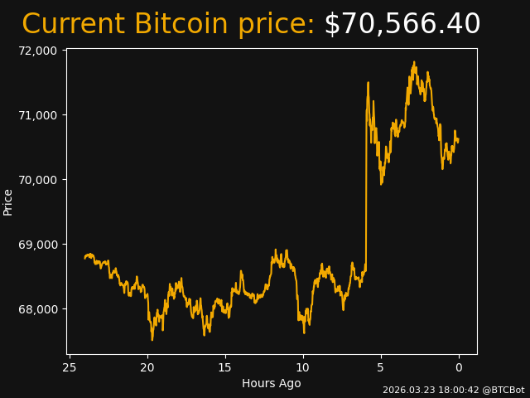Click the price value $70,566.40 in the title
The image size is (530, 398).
(x=402, y=24)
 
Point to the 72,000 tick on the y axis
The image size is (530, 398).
(x=36, y=50)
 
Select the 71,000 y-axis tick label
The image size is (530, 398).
(x=36, y=114)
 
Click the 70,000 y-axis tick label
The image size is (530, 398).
(x=36, y=179)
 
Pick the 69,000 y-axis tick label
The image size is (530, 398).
(x=36, y=244)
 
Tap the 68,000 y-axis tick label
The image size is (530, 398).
(x=36, y=308)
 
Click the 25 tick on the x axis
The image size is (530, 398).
(x=70, y=367)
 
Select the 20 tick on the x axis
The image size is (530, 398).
(x=147, y=367)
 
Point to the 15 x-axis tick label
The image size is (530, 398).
(x=225, y=367)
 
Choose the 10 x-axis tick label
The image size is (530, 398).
(x=303, y=367)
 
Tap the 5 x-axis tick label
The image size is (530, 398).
(x=381, y=367)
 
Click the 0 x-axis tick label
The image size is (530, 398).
(x=459, y=367)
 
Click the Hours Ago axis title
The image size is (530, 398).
(x=271, y=383)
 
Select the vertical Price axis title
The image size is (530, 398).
(x=8, y=202)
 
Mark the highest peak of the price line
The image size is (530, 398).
(x=414, y=62)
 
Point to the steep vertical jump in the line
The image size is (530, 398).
(x=366, y=182)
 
